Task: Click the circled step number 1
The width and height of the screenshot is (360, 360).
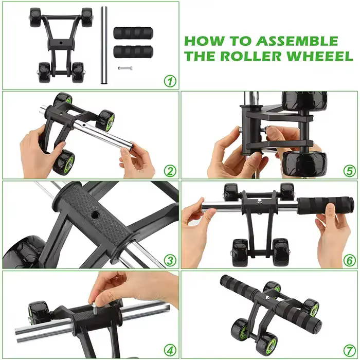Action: pos(170,81)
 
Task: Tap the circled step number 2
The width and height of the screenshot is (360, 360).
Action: pos(170,171)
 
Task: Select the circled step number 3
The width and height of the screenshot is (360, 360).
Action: pos(170,261)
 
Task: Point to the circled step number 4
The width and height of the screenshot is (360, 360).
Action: pos(170,351)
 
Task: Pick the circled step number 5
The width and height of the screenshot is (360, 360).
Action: pos(349,171)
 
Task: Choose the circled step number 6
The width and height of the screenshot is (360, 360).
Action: pos(349,261)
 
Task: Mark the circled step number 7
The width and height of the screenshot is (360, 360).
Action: pos(349,351)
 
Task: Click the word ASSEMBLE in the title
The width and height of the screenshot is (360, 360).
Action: pos(297,41)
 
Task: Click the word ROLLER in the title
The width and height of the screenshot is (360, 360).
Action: pos(251,56)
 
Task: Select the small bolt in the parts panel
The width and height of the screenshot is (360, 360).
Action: pos(125,68)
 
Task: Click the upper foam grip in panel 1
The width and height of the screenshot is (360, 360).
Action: pos(133,33)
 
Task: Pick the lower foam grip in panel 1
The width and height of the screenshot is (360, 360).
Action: pos(133,52)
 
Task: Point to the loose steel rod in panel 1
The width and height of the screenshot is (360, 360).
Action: pos(104,45)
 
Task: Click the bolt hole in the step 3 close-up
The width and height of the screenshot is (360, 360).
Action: pos(94,215)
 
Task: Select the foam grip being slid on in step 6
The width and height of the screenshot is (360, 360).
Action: pos(326,205)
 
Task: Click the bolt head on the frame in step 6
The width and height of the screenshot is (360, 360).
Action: pos(260,202)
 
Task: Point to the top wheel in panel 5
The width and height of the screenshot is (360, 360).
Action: pos(304,101)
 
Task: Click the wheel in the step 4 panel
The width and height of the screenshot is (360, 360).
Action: pos(39,313)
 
